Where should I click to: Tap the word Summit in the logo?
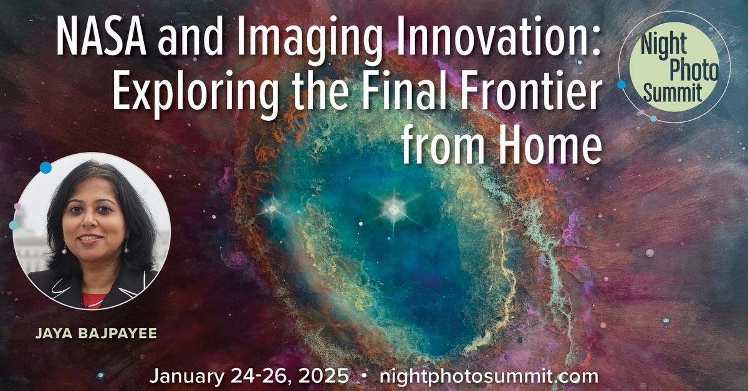tap(673, 93)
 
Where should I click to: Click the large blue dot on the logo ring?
tap(621, 83)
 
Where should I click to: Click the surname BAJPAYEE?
tap(118, 335)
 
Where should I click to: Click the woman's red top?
tap(92, 300)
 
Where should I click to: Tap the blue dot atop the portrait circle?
tap(46, 167)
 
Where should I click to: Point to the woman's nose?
tap(90, 228)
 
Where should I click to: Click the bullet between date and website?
tap(363, 377)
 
